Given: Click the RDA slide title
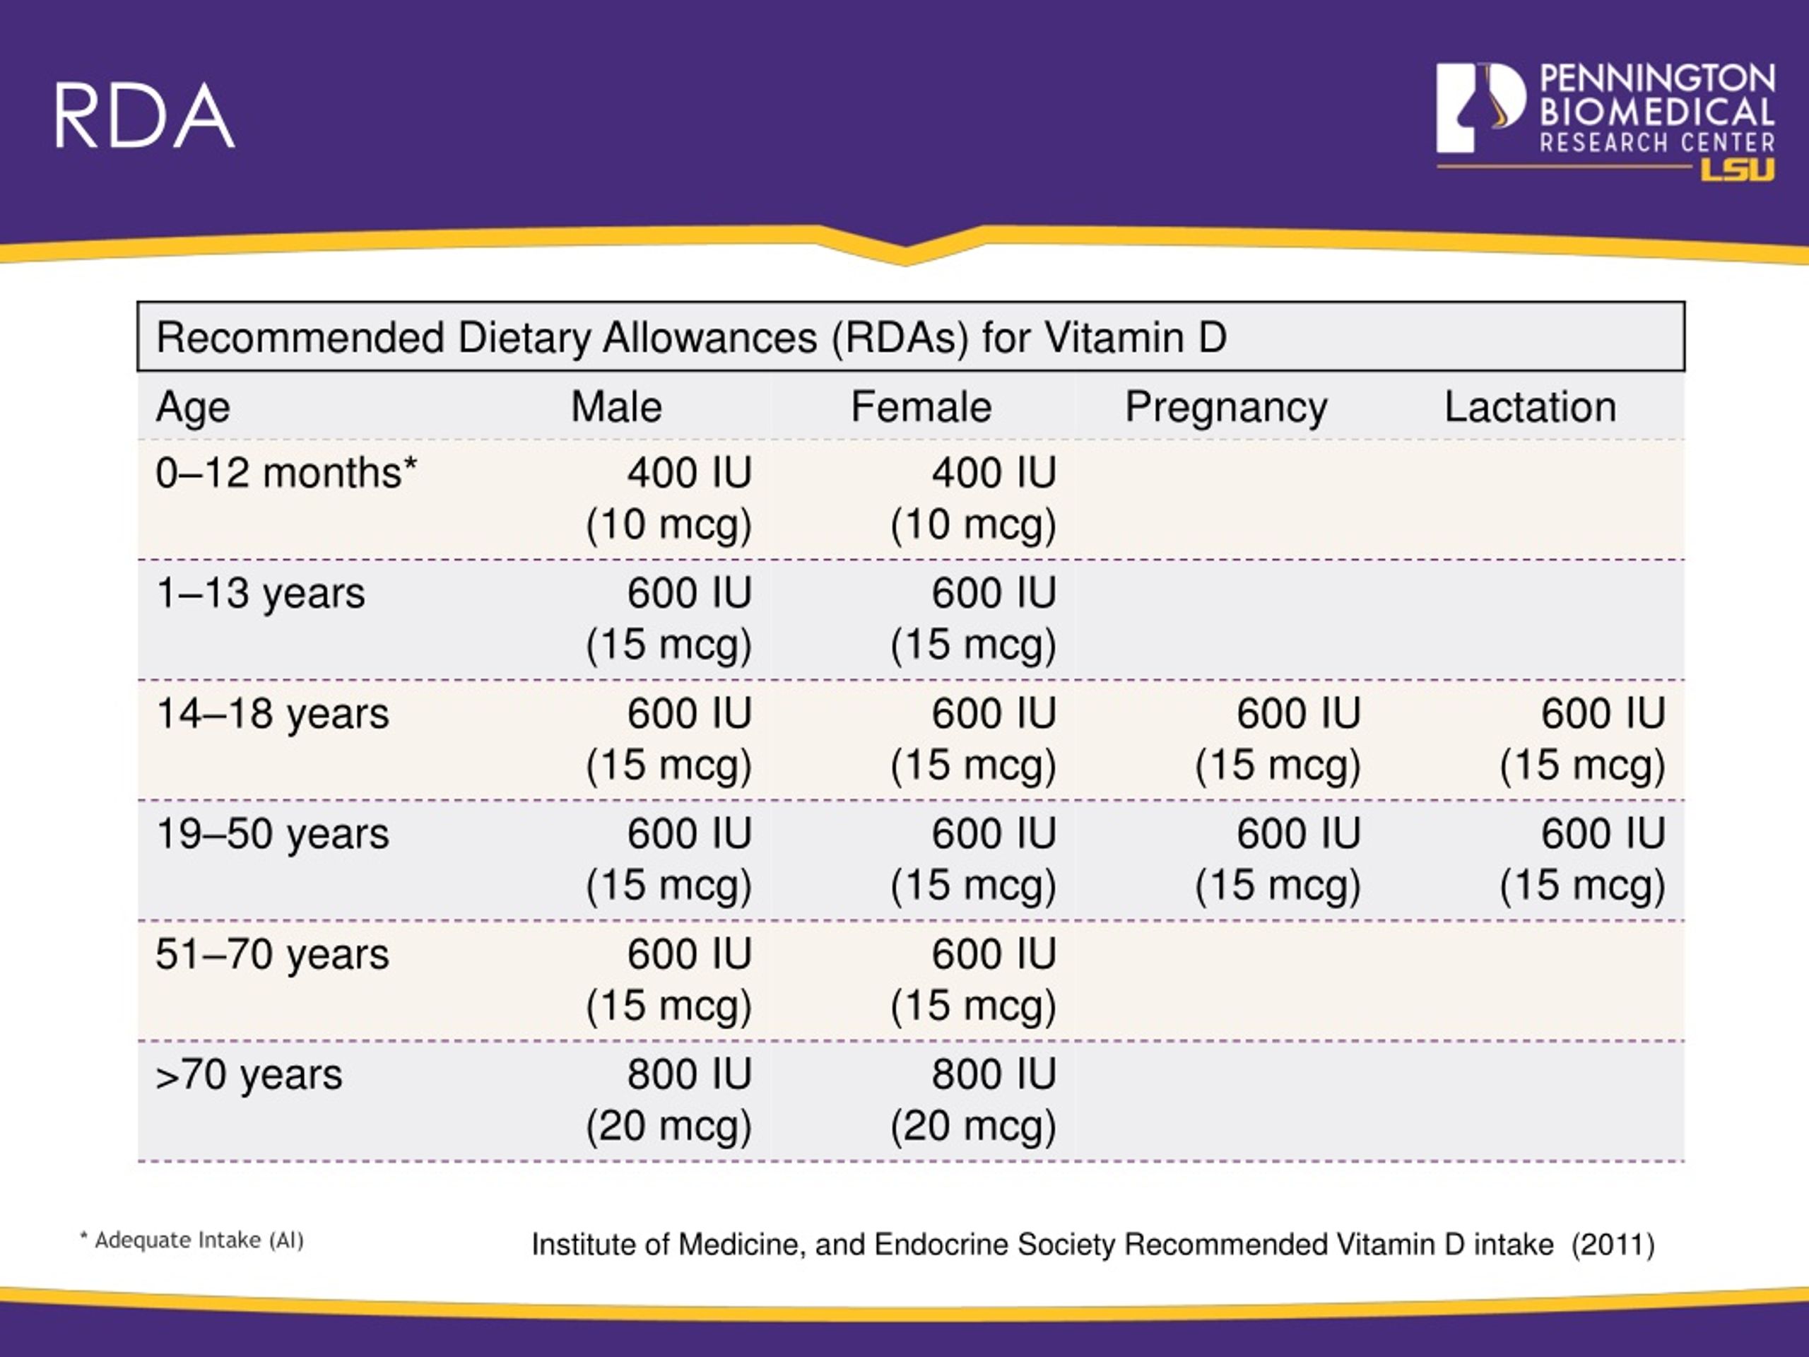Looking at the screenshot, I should [145, 116].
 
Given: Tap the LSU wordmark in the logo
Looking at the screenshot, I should [1737, 170].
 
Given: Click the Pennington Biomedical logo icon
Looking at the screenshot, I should [1480, 108].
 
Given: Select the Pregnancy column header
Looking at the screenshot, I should [1225, 406].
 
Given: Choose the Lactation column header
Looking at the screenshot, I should [1529, 406].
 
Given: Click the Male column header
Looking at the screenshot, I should [615, 406].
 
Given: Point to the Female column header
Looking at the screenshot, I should [921, 406].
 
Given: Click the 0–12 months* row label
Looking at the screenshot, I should [286, 473].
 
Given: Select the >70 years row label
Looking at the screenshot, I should [249, 1074].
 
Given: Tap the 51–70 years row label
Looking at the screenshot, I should [272, 953].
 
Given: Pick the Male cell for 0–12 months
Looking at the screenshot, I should [669, 498].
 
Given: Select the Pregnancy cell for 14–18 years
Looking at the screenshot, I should [1278, 739].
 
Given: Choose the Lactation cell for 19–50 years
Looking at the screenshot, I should [1582, 859].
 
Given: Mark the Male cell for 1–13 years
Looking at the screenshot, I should [669, 618].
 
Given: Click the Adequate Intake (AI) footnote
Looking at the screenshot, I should [192, 1240].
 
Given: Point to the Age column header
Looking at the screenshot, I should [193, 406].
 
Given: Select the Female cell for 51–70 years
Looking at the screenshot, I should [973, 979].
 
